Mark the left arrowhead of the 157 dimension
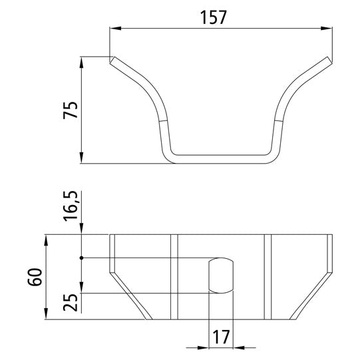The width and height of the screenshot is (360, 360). tap(114, 29)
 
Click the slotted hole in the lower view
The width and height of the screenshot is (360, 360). tap(221, 275)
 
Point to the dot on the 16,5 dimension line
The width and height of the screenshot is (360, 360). tap(81, 258)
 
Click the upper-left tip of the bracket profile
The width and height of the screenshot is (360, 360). tap(112, 60)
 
